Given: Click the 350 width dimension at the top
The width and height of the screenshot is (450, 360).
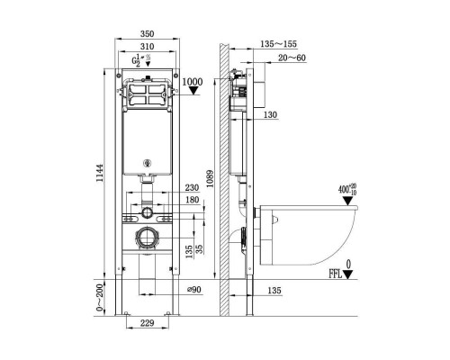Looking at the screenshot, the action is tap(147, 33).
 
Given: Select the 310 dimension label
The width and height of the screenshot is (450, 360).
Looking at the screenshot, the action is tap(147, 47).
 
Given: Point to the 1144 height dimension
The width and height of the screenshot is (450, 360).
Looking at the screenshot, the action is tap(99, 173).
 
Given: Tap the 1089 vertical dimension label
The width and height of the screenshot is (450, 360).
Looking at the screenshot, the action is tap(210, 179).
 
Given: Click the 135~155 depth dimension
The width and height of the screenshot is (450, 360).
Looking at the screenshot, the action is tap(278, 44).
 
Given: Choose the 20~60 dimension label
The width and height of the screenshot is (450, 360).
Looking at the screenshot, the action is tap(292, 58).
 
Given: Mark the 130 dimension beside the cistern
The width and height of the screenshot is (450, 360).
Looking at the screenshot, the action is tap(270, 114).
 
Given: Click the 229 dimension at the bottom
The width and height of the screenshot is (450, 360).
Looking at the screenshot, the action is tap(148, 323).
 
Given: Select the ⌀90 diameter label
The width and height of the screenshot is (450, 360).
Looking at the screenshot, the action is tap(194, 290).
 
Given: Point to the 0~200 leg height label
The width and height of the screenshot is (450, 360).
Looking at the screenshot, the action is tap(99, 298).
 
